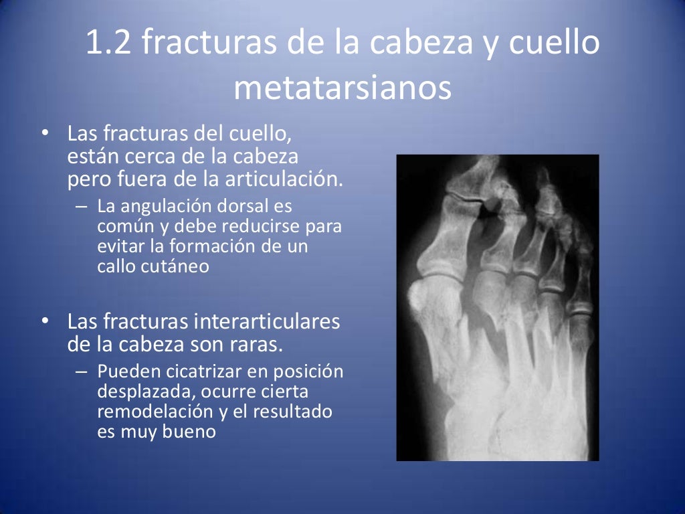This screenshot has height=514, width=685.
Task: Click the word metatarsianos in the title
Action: point(342,89)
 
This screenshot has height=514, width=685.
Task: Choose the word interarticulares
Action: point(266,322)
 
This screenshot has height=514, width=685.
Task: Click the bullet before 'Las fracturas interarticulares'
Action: point(44,322)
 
